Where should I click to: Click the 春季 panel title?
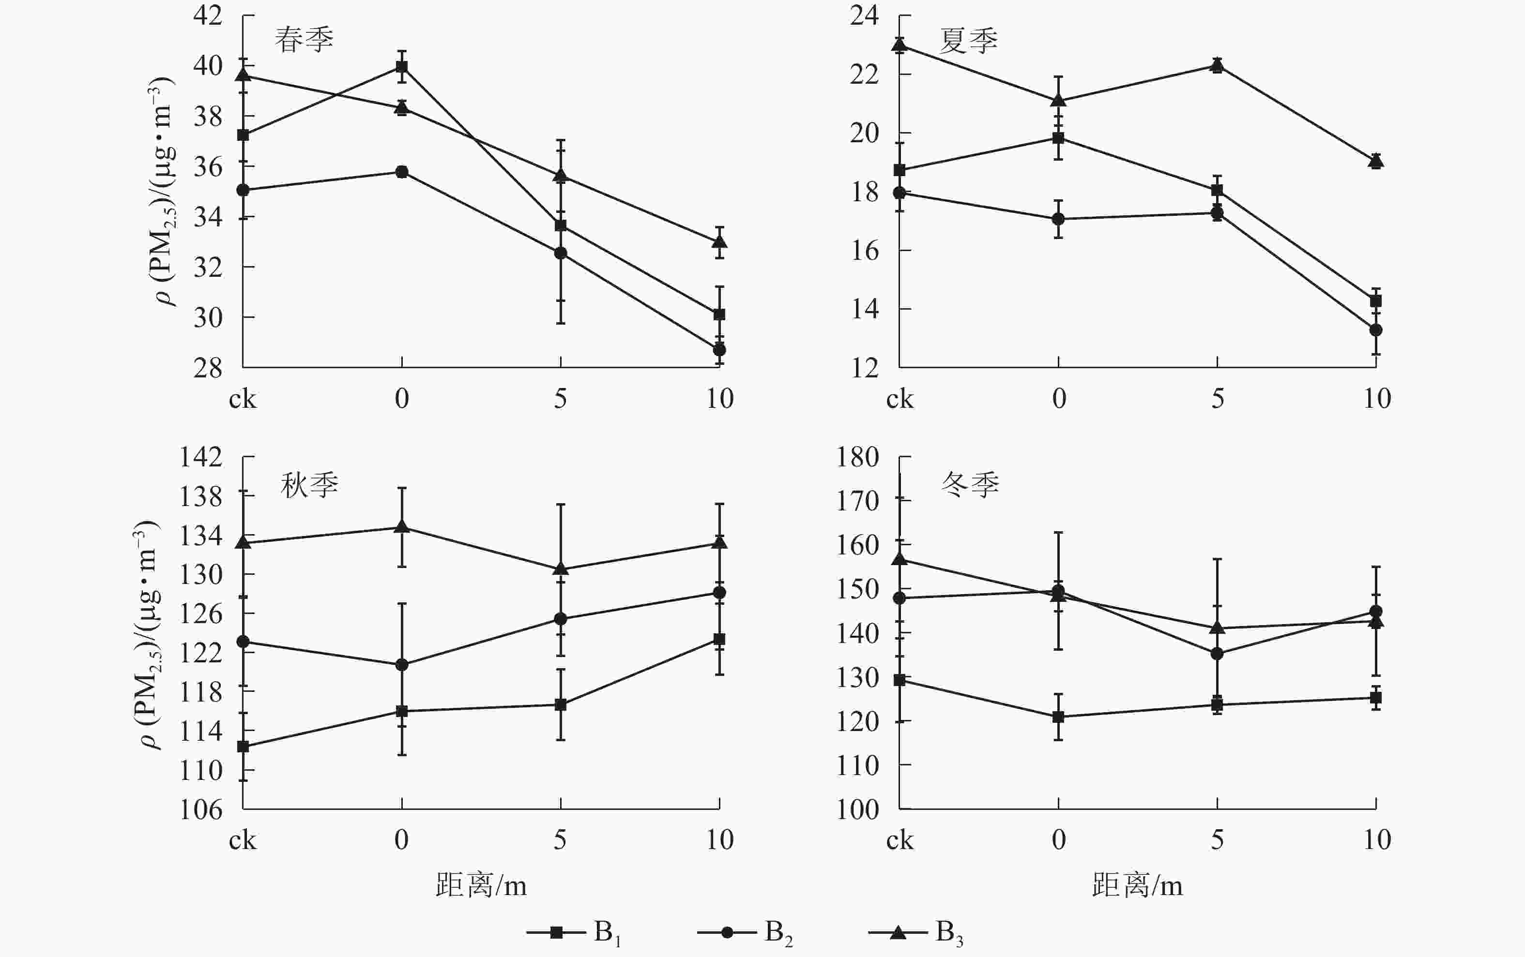[304, 39]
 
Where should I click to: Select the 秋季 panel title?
[309, 485]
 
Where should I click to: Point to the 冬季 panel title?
[970, 485]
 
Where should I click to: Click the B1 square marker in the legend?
[556, 932]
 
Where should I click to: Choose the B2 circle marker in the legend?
[727, 932]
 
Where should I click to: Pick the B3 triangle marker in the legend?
[898, 932]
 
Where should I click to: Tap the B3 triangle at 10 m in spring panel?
[719, 242]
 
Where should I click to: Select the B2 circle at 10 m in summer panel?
[1375, 330]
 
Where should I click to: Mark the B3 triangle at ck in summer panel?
[900, 45]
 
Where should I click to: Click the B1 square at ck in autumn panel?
[243, 747]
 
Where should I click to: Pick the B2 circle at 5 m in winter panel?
[1217, 654]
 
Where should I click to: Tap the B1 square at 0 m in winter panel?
[1058, 717]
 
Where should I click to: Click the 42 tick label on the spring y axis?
[208, 15]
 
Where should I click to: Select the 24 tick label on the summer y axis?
[865, 15]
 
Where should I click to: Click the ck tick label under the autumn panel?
[243, 840]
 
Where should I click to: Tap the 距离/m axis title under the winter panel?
[1137, 885]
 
